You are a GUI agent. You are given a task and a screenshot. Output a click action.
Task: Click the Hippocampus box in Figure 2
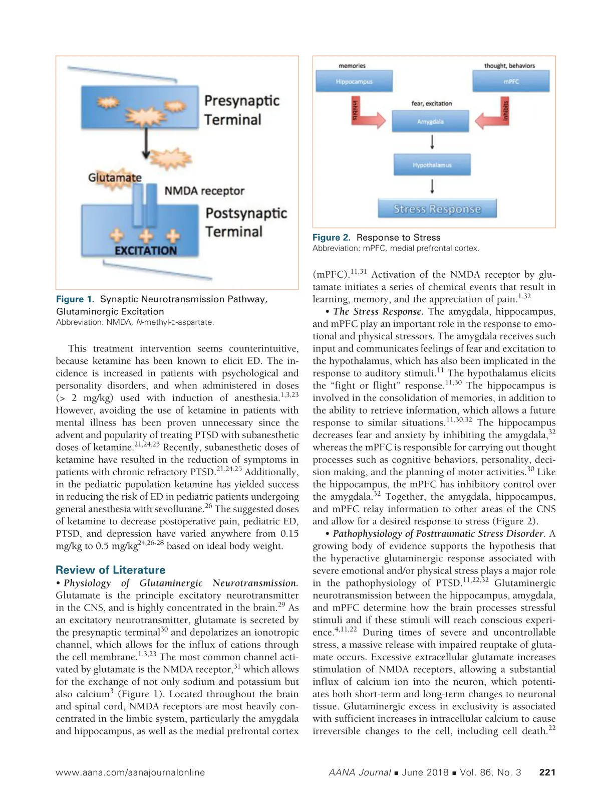pyautogui.click(x=354, y=81)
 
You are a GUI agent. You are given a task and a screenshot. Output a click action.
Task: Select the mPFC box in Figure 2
pyautogui.click(x=511, y=81)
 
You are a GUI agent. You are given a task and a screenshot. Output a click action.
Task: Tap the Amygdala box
pyautogui.click(x=430, y=121)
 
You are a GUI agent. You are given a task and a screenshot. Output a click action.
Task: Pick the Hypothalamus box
pyautogui.click(x=432, y=165)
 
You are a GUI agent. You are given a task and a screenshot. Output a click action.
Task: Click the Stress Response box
pyautogui.click(x=437, y=209)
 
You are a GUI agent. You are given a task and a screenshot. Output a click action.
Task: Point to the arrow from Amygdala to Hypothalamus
pyautogui.click(x=432, y=142)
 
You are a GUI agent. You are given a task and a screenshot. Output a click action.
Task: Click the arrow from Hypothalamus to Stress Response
pyautogui.click(x=432, y=186)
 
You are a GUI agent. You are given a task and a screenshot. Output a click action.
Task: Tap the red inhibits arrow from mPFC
pyautogui.click(x=493, y=117)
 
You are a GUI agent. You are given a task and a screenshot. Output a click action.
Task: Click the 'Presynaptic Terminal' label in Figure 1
pyautogui.click(x=241, y=110)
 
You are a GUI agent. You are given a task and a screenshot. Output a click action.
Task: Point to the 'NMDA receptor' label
pyautogui.click(x=204, y=191)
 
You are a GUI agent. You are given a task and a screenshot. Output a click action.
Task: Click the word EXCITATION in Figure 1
pyautogui.click(x=146, y=250)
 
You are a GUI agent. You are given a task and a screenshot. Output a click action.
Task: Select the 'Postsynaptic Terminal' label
pyautogui.click(x=245, y=222)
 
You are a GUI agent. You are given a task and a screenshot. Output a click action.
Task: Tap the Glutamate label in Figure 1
pyautogui.click(x=115, y=177)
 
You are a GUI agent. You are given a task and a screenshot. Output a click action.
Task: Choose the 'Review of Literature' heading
pyautogui.click(x=110, y=570)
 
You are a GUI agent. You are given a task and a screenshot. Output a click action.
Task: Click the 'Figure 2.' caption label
pyautogui.click(x=331, y=238)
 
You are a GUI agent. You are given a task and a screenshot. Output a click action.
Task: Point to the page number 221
pyautogui.click(x=547, y=772)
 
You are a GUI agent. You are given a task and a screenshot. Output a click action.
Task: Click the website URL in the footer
pyautogui.click(x=130, y=772)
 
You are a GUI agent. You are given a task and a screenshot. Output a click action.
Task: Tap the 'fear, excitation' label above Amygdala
pyautogui.click(x=431, y=103)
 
